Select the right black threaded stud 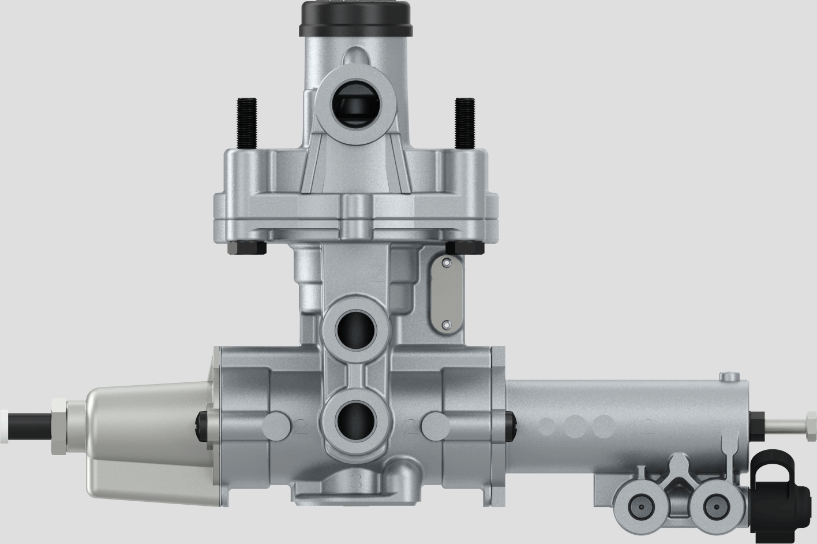(x=463, y=124)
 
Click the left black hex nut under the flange (x=247, y=247)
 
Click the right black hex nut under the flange (x=465, y=247)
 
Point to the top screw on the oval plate (x=445, y=263)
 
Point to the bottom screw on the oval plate (x=445, y=325)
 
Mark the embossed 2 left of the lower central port (x=301, y=427)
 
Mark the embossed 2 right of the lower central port (x=411, y=428)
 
